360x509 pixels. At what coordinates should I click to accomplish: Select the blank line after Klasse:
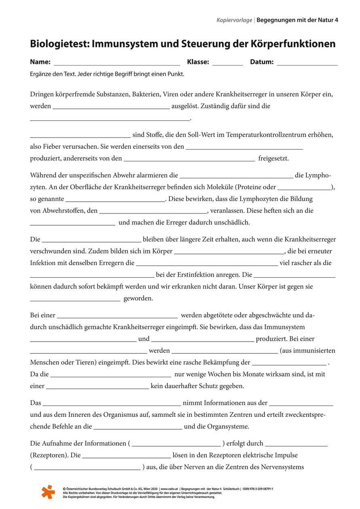coord(227,64)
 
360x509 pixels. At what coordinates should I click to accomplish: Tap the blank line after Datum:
coord(307,64)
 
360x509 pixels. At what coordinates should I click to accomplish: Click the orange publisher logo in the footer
coord(48,491)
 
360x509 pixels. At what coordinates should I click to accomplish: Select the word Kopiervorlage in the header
coord(234,20)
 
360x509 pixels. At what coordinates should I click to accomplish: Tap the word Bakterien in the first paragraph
coord(146,95)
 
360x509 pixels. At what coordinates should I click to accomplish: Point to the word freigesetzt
coord(273,158)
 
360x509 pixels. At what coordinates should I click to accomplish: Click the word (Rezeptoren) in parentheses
coord(49,455)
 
